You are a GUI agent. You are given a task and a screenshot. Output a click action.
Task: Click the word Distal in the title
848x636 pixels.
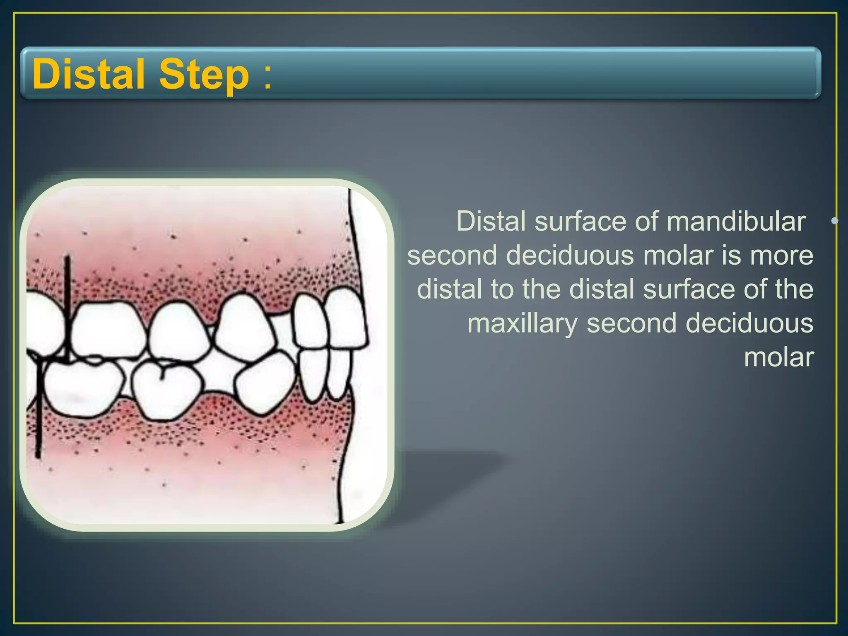[x=88, y=74]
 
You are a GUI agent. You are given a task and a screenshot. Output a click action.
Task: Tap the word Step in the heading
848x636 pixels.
[x=204, y=74]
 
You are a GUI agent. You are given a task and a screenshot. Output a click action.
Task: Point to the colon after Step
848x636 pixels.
[x=267, y=77]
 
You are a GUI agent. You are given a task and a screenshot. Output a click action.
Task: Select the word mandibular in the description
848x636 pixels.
[x=736, y=222]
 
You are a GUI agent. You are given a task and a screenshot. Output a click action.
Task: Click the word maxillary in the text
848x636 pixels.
[x=522, y=324]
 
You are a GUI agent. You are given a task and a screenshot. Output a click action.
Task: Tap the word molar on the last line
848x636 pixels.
[x=779, y=358]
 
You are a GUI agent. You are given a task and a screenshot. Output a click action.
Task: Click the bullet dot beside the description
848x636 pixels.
[x=835, y=221]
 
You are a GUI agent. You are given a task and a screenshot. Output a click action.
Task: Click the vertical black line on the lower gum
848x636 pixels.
[x=38, y=422]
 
